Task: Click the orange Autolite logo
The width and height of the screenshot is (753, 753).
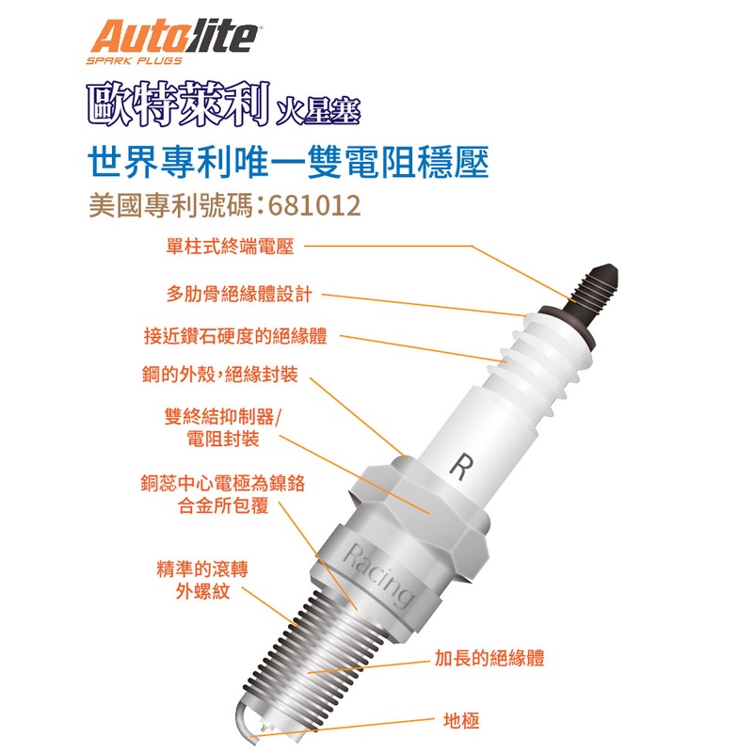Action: click(x=174, y=37)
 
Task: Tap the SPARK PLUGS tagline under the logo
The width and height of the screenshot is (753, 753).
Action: click(x=135, y=61)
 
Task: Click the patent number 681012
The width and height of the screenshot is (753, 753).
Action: click(x=314, y=205)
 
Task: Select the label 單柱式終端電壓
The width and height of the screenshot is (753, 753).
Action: click(x=230, y=247)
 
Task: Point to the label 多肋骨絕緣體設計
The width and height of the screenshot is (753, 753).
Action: click(x=240, y=294)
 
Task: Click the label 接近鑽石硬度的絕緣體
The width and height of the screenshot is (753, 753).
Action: click(x=235, y=336)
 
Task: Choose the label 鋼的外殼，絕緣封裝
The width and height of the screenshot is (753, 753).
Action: click(x=220, y=375)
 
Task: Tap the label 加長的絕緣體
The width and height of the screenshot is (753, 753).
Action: click(x=489, y=658)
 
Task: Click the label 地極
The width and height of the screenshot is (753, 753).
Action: click(x=461, y=721)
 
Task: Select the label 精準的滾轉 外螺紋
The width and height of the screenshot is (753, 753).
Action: click(x=202, y=580)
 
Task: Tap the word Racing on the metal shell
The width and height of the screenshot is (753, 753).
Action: click(x=378, y=575)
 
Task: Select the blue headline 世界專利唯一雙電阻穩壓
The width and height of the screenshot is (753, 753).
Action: click(x=289, y=162)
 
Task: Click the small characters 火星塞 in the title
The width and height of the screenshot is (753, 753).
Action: click(x=318, y=112)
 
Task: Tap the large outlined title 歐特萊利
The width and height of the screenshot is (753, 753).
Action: click(x=178, y=104)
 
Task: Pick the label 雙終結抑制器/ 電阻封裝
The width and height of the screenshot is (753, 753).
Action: click(x=223, y=427)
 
